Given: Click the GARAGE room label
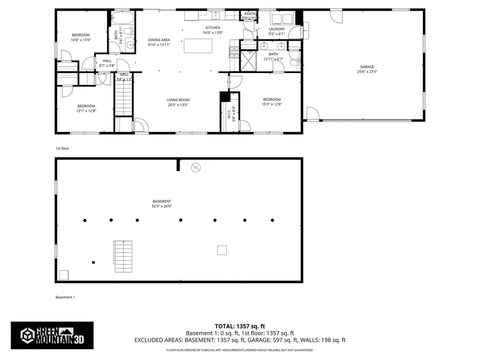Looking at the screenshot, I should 367,67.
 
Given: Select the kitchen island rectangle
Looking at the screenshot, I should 198,46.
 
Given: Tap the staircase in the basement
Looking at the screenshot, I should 123,256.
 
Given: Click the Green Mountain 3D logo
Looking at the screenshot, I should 52,335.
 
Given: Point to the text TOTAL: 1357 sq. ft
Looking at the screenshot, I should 240,326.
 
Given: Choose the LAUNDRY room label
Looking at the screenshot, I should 277,29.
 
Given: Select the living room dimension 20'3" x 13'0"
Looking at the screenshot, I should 178,105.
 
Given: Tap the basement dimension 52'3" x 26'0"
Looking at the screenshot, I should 161,206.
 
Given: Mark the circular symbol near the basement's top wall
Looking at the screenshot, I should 196,167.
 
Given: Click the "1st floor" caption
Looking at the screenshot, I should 62,149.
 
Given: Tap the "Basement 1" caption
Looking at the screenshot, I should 65,297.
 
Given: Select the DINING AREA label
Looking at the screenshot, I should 159,40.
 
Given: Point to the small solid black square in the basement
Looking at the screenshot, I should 94,262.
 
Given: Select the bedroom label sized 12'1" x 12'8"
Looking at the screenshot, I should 86,106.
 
